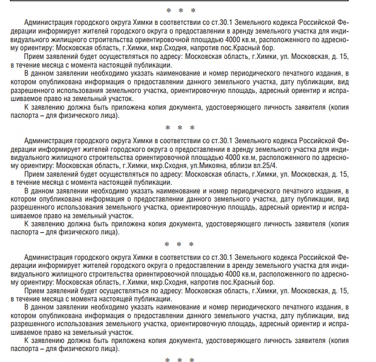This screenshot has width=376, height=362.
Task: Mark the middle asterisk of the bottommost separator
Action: [180, 359]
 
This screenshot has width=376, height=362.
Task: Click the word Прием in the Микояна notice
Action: [36, 174]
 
